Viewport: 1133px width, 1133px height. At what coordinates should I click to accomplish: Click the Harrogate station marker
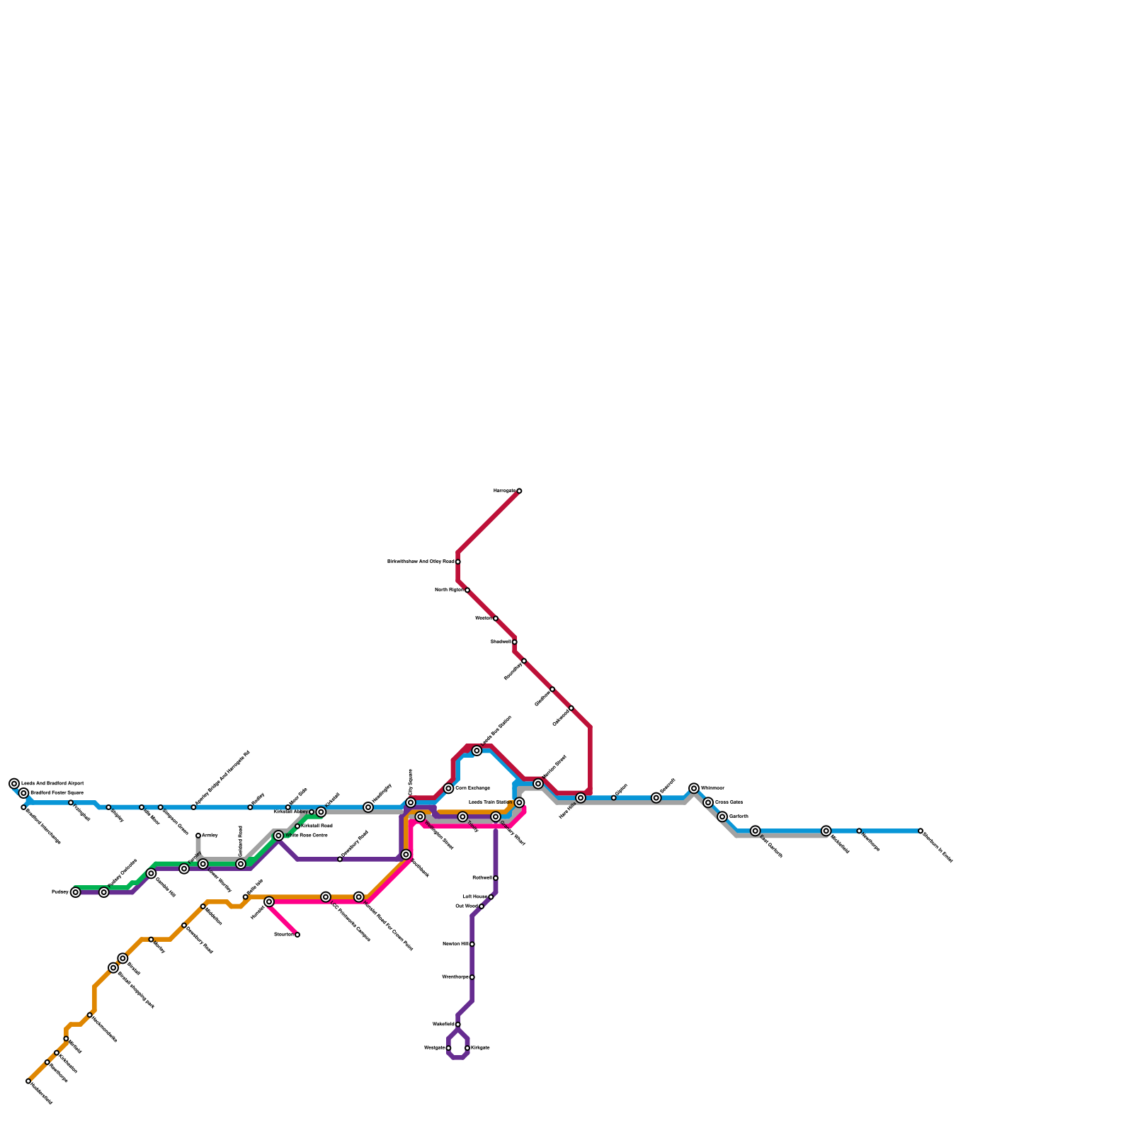pos(519,491)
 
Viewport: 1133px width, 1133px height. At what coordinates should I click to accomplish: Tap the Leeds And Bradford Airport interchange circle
pos(14,783)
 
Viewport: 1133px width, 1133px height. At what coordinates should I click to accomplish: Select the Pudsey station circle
pos(76,892)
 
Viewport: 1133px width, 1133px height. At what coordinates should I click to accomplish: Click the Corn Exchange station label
pos(472,788)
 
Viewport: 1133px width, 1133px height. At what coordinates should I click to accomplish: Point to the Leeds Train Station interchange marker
pos(519,802)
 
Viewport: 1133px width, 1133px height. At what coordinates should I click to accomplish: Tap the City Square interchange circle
pos(411,802)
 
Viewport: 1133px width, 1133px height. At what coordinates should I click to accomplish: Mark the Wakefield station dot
pos(458,1025)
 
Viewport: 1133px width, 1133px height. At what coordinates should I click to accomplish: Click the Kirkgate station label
pos(480,1048)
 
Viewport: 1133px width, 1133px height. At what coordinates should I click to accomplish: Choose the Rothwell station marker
pos(496,878)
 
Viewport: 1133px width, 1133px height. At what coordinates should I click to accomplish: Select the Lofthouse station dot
pos(491,897)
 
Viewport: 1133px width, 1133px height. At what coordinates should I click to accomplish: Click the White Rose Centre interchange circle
pos(279,836)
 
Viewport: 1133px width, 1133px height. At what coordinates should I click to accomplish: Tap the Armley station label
pos(210,836)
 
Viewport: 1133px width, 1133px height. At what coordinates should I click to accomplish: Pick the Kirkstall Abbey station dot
pos(312,812)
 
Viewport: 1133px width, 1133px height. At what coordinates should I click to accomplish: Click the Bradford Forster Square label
pos(57,793)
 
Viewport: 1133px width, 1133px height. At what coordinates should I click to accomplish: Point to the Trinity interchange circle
pos(462,816)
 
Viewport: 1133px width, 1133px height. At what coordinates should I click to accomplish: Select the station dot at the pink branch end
pos(297,935)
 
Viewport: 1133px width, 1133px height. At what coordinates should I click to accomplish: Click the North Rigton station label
pos(449,590)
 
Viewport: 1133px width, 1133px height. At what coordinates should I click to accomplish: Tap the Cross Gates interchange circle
pos(708,802)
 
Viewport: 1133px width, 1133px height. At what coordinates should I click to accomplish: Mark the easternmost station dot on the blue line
pos(921,831)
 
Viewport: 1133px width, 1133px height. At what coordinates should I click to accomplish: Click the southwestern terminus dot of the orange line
pos(28,1081)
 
